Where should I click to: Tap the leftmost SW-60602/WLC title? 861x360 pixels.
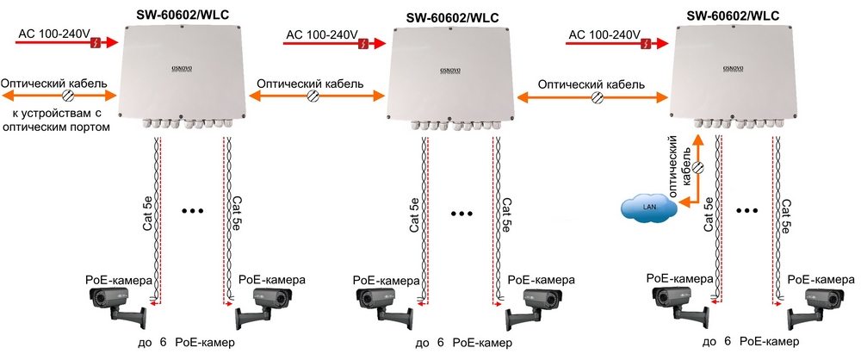click(x=187, y=15)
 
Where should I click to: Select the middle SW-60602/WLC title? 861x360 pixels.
click(x=457, y=16)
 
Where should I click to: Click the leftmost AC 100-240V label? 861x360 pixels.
click(x=54, y=34)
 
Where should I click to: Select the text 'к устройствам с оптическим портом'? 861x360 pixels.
click(x=61, y=120)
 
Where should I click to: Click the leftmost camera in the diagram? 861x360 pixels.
click(x=112, y=306)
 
